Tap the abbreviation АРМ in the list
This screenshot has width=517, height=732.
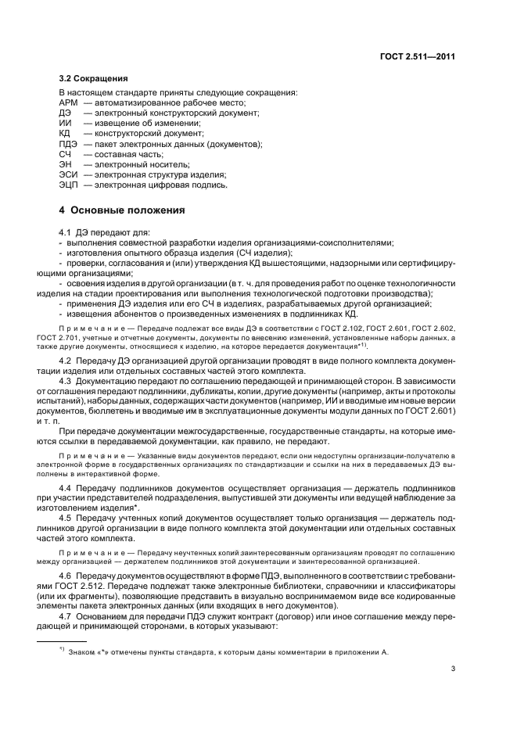pos(69,103)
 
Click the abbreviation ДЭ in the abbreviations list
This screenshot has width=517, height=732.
pos(65,113)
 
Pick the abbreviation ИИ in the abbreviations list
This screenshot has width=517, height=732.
pos(65,124)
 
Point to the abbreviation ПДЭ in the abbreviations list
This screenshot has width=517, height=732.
pos(68,144)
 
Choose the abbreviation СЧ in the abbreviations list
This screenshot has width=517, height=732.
pos(65,154)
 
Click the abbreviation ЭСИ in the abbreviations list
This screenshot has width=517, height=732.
pos(68,175)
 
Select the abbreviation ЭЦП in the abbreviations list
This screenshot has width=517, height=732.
pos(68,185)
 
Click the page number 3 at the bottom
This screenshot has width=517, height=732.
pos(453,668)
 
